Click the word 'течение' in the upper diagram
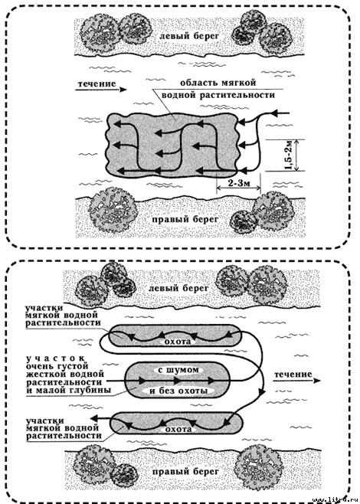(96, 84)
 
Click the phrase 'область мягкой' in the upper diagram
(218, 83)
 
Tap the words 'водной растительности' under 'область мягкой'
(218, 96)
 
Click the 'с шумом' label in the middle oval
(178, 370)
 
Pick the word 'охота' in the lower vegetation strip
(178, 430)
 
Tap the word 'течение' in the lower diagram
(293, 375)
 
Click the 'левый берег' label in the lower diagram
(178, 288)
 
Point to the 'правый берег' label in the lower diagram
(184, 472)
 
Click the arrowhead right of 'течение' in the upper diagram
(123, 90)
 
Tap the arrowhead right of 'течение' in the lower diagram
(317, 381)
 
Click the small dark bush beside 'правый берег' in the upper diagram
(244, 222)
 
